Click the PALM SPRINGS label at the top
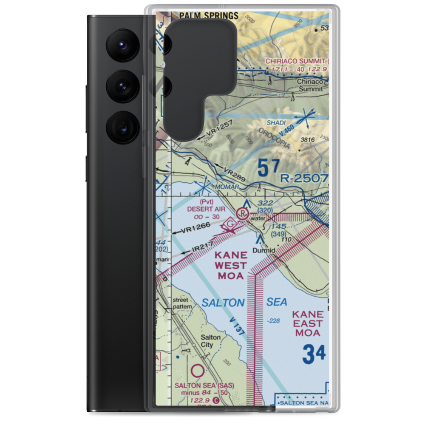click(208, 16)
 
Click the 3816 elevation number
click(307, 140)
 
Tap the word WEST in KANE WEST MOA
click(231, 266)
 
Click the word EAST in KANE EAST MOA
click(307, 324)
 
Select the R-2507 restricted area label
click(304, 178)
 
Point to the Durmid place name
click(263, 251)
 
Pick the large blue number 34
click(314, 354)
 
